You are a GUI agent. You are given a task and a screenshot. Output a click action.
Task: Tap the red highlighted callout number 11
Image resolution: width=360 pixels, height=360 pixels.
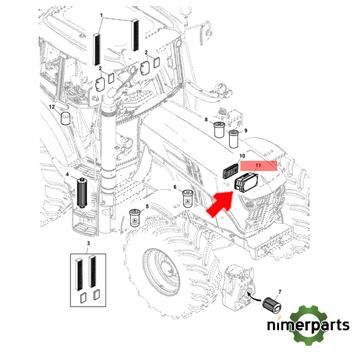[x=259, y=165]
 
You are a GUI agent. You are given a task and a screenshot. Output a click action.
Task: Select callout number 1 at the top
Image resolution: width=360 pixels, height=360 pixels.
[x=101, y=14]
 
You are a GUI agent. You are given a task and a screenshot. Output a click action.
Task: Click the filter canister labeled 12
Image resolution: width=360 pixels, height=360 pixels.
[x=65, y=118]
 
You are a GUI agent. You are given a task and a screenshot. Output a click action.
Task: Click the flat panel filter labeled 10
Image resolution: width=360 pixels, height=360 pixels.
[x=229, y=171]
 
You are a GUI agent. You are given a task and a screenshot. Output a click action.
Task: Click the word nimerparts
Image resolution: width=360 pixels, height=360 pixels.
[x=308, y=326]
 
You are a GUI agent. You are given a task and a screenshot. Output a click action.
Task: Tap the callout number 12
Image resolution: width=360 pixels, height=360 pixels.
[x=52, y=106]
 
